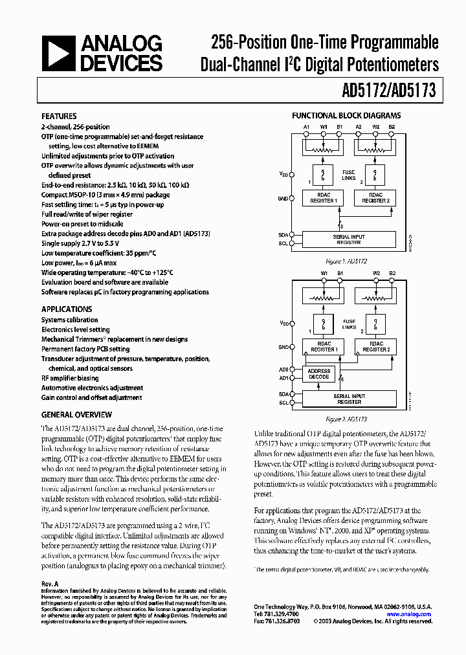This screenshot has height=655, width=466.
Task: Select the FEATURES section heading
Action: point(59,116)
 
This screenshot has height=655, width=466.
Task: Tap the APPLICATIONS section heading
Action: point(67,309)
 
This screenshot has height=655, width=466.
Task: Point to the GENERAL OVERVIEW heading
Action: point(76,415)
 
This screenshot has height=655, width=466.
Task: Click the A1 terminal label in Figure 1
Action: point(306,126)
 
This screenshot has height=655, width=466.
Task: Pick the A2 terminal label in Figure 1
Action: point(359,126)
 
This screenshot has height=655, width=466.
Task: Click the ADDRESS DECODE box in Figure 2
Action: point(318,374)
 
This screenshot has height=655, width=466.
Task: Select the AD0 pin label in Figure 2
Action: point(283,369)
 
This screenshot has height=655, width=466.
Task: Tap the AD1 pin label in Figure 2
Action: point(283,378)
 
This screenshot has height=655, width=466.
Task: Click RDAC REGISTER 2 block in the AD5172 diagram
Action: point(375,198)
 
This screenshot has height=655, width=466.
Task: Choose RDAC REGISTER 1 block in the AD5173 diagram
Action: point(324,346)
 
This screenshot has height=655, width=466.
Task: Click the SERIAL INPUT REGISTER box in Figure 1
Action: point(349,239)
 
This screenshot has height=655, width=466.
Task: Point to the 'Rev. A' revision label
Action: point(50,583)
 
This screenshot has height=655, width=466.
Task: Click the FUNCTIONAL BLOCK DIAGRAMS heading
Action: point(346,116)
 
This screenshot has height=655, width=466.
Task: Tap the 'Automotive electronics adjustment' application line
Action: point(91,388)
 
